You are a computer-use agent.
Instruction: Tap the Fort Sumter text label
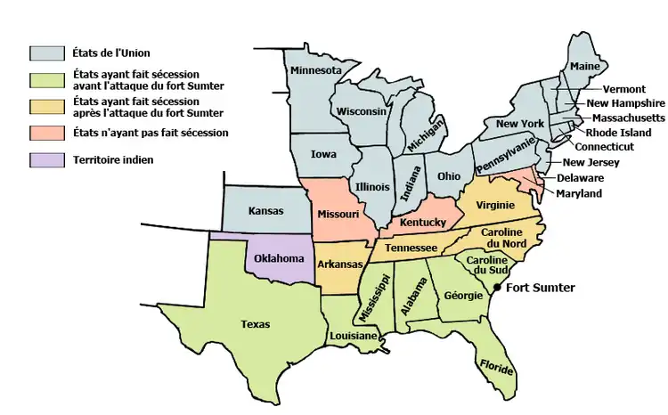point(541,288)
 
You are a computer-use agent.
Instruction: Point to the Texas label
point(256,324)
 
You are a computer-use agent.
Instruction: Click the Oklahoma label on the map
point(279,258)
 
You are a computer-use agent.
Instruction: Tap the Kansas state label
point(266,211)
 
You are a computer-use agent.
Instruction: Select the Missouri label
point(338,214)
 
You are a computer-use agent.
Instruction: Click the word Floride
point(496,364)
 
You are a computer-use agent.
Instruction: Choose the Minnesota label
point(314,69)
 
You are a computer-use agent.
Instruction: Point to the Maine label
point(584,66)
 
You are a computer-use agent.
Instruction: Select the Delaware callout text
point(580,178)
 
